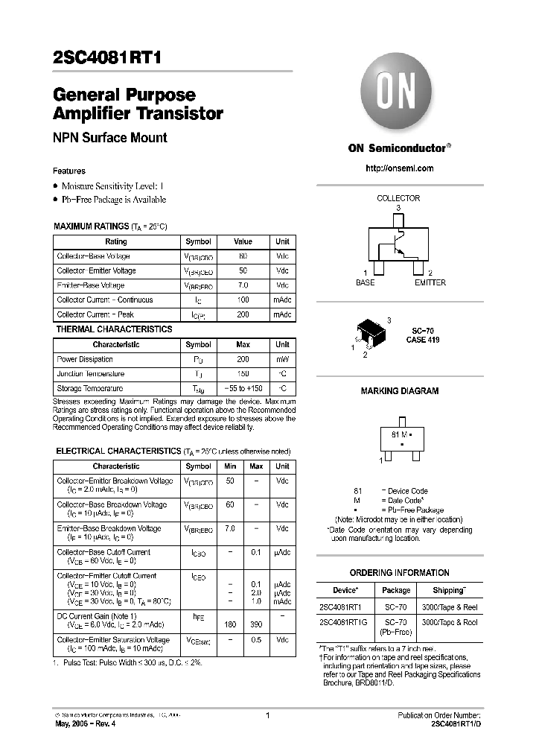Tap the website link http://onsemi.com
coord(399,168)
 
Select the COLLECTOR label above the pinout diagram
coord(398,198)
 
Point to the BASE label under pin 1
coord(366,282)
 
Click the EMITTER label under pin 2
coord(430,282)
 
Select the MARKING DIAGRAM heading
coord(399,390)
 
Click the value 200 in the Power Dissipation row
coord(243,359)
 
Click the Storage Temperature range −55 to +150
coord(243,388)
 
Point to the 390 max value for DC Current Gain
coord(256,623)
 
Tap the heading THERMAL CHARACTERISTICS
coord(114,329)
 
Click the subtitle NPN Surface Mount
coord(109,138)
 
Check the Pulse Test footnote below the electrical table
coord(127,662)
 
